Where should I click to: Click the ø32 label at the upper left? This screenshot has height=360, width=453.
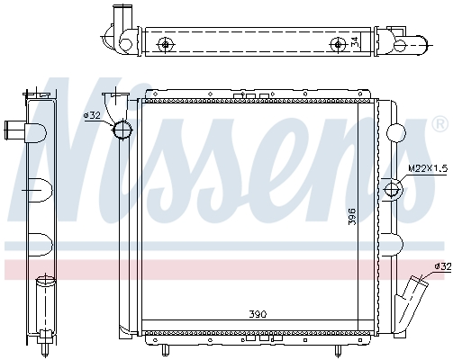click(92, 115)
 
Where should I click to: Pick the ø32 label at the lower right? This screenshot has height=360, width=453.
click(440, 266)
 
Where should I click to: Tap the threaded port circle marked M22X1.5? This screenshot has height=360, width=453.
click(392, 189)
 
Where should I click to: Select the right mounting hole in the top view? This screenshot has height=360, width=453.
click(338, 44)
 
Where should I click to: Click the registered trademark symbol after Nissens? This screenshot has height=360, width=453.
click(440, 122)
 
